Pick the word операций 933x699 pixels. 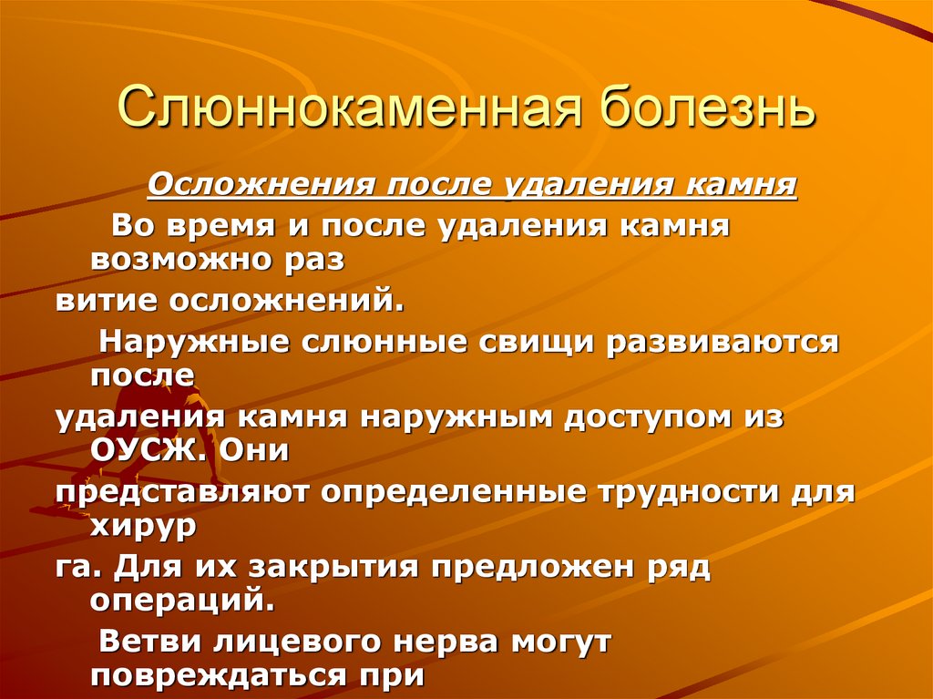(180, 601)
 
